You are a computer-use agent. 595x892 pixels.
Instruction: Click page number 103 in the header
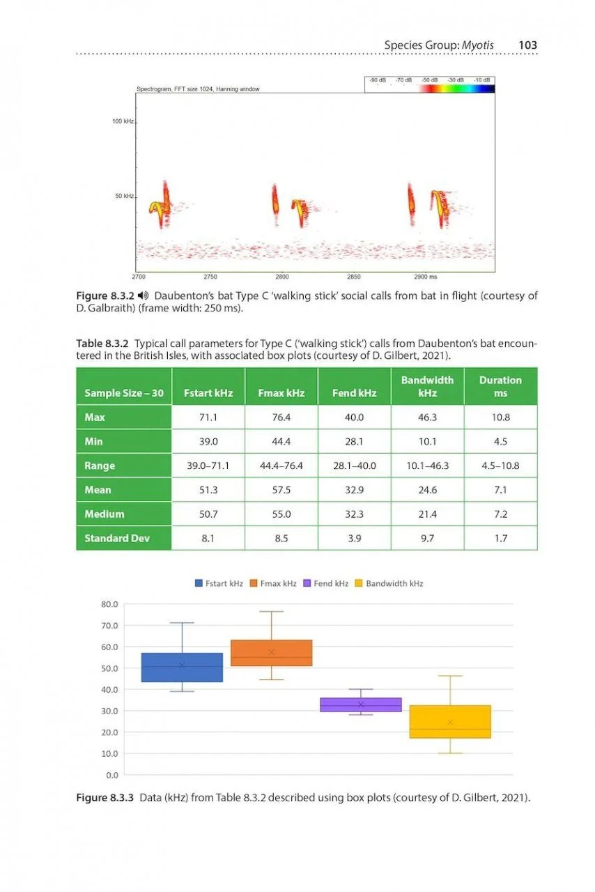(527, 45)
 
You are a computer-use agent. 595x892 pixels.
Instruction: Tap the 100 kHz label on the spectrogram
(123, 121)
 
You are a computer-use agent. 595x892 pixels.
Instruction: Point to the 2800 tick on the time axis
(282, 277)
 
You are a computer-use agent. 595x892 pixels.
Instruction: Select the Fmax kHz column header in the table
(281, 393)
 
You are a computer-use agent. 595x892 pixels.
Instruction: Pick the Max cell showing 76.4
(281, 417)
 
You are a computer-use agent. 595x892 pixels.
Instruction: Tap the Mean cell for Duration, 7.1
(500, 490)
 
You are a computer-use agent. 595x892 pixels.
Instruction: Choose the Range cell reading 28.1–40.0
(355, 466)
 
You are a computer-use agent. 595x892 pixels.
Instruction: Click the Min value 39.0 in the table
(208, 441)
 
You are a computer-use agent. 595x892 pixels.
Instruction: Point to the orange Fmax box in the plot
(271, 653)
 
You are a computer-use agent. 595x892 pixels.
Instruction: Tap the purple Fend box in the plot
(360, 705)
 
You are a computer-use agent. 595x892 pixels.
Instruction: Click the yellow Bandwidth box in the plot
(450, 722)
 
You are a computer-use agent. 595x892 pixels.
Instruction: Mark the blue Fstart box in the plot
(182, 668)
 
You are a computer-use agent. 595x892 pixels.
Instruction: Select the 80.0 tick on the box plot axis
(110, 604)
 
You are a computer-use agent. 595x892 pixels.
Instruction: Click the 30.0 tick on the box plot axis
(110, 711)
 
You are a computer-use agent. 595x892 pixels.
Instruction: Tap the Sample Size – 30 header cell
(124, 393)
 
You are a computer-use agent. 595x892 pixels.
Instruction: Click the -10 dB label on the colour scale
(482, 80)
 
